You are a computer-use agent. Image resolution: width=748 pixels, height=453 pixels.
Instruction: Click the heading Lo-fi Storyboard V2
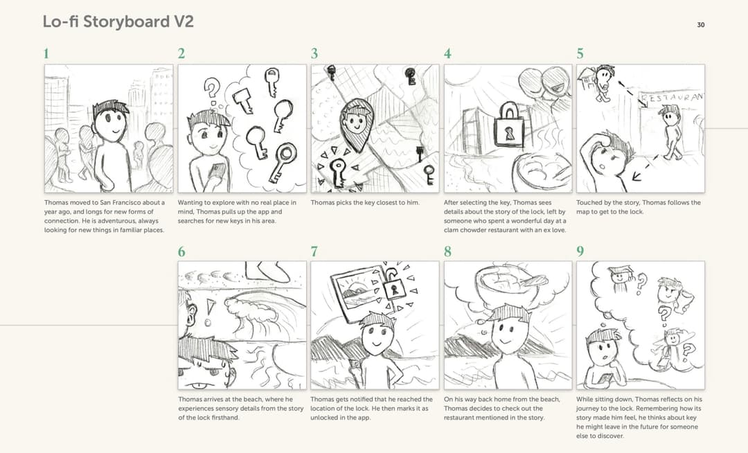[x=118, y=21]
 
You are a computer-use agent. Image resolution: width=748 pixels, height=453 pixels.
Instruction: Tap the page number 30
[x=700, y=25]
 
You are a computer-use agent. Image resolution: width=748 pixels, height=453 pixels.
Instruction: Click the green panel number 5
[x=580, y=53]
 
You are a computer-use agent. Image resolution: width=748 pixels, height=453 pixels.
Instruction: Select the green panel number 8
[x=447, y=251]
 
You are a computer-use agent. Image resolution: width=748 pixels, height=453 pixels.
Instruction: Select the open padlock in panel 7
[x=394, y=284]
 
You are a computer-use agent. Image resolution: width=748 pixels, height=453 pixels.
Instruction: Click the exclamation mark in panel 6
[x=209, y=312]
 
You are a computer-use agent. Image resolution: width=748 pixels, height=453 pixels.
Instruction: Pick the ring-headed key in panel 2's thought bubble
[x=283, y=162]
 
